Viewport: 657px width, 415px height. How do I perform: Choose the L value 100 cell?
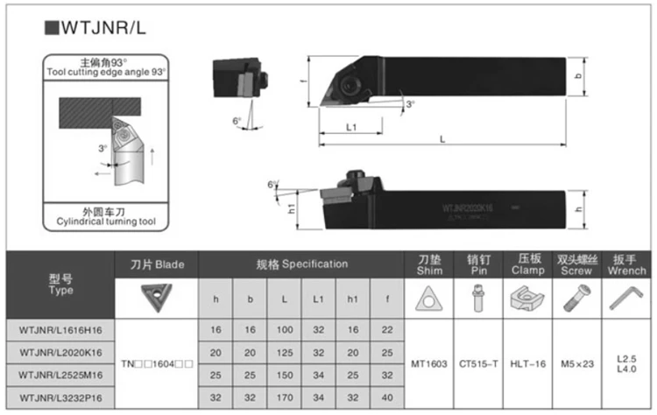[x=285, y=329]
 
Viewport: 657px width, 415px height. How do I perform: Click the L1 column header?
[x=319, y=299]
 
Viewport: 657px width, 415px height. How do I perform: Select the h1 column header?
[x=353, y=299]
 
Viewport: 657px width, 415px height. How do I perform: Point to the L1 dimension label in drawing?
[x=350, y=127]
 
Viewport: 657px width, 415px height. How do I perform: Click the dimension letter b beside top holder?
[x=578, y=77]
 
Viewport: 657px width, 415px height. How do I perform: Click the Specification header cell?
[x=301, y=264]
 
